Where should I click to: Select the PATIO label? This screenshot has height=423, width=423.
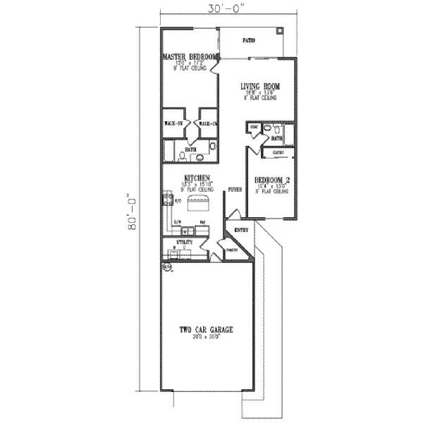point(249,41)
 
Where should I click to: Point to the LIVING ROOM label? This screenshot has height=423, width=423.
point(260,86)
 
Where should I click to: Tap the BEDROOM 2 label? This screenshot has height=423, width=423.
point(271,180)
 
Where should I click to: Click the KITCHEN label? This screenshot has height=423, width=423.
point(195,178)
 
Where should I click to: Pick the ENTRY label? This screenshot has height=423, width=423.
point(241,229)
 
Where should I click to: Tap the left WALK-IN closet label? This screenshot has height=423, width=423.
point(173,123)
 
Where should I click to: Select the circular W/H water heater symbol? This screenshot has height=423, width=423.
point(167,268)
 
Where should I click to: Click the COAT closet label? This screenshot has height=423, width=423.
point(254,127)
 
